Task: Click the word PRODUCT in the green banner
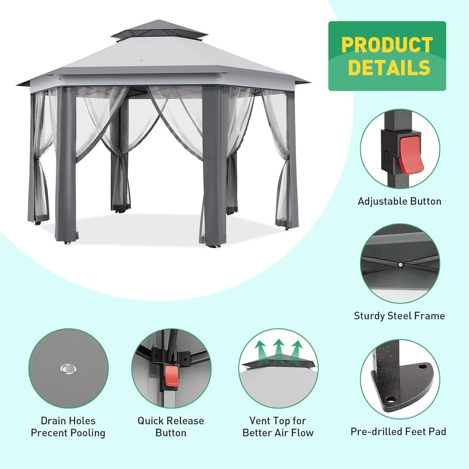pyautogui.click(x=387, y=45)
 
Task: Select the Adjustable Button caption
pyautogui.click(x=399, y=201)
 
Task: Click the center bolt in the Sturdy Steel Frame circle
pyautogui.click(x=401, y=265)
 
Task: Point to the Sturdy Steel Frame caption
pyautogui.click(x=399, y=316)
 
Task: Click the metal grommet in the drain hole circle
pyautogui.click(x=68, y=369)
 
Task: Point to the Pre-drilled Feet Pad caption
pyautogui.click(x=398, y=431)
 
